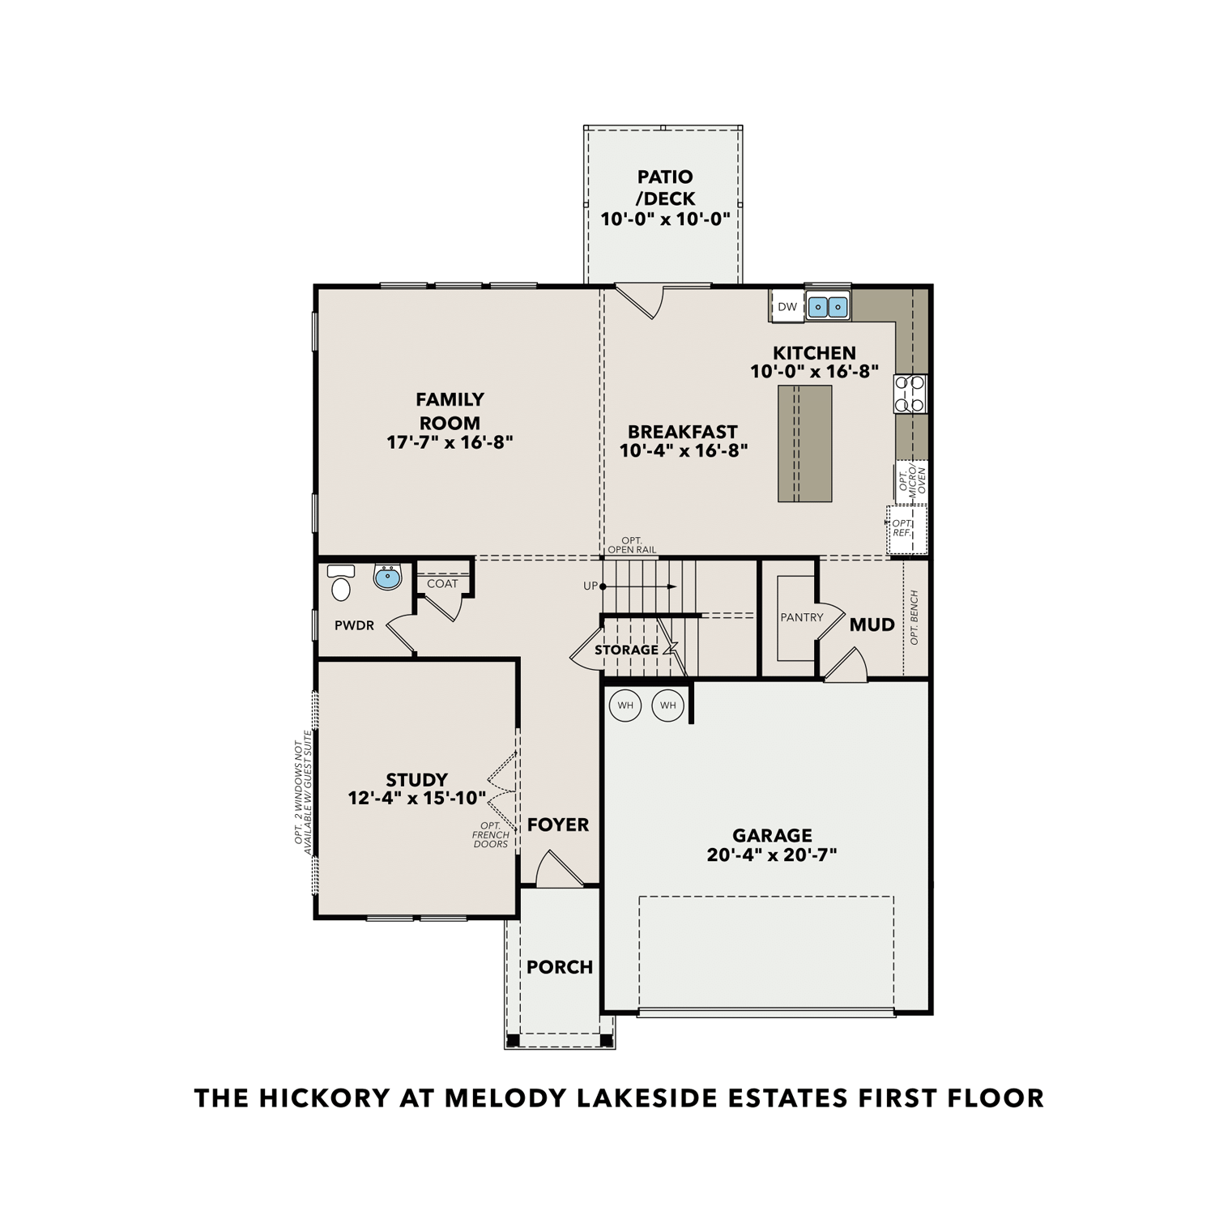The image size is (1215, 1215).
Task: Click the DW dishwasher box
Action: (787, 307)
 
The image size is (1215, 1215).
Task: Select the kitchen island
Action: (804, 443)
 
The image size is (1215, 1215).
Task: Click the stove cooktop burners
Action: (910, 394)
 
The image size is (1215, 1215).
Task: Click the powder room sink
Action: (388, 578)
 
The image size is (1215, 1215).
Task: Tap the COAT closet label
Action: (442, 583)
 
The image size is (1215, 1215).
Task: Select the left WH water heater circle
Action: (625, 706)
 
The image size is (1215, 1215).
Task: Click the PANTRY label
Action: (801, 617)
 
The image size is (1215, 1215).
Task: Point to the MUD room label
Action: (872, 625)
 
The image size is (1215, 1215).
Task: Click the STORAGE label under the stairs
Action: (626, 650)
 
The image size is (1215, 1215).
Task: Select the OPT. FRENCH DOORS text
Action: (492, 835)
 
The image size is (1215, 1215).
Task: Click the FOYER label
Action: (558, 825)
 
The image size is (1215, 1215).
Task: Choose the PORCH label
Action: (560, 967)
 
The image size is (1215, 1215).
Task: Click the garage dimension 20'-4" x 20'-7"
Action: (771, 855)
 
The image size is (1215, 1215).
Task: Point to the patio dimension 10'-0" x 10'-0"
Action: (665, 219)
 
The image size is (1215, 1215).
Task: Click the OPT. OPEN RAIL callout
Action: (632, 545)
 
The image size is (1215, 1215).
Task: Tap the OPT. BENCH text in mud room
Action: (914, 617)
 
